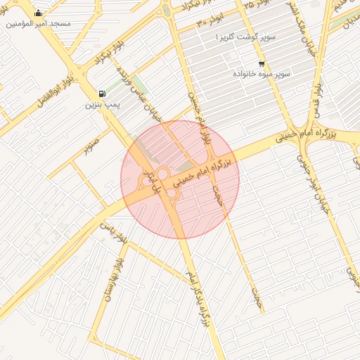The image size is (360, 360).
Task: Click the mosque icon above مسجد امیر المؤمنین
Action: (38, 13)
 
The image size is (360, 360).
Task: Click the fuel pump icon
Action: (103, 94)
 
